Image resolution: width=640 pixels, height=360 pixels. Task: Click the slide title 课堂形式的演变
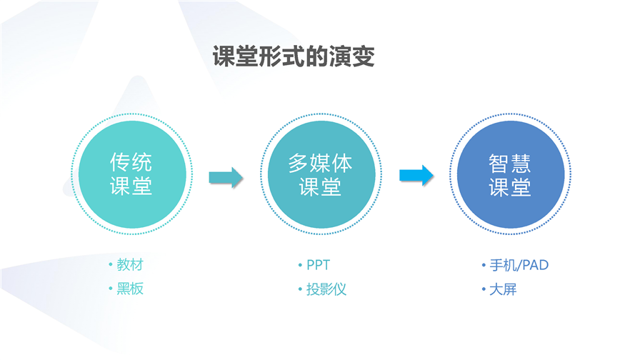[x=294, y=56]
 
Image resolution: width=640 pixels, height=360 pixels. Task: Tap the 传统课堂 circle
[x=132, y=174]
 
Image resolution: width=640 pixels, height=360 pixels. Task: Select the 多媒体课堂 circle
[x=321, y=174]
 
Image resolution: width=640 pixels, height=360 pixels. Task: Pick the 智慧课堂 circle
[x=510, y=174]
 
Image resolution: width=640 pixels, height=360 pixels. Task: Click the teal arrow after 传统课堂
[x=226, y=178]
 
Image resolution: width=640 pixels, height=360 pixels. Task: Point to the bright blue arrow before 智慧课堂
[x=416, y=176]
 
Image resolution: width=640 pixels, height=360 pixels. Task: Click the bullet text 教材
[x=130, y=264]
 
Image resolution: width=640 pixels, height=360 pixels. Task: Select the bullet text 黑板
[x=130, y=289]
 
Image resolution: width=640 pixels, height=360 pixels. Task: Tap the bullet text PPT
[x=319, y=265]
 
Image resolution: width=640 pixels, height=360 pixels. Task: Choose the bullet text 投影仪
[x=326, y=289]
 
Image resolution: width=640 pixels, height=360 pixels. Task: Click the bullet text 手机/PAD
[x=519, y=265]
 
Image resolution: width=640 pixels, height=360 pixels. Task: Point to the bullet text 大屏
[x=504, y=289]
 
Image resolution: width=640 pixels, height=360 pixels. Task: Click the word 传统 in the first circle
[x=131, y=162]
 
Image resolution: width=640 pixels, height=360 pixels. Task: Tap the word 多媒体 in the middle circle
[x=321, y=163]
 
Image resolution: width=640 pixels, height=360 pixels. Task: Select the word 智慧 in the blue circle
[x=510, y=164]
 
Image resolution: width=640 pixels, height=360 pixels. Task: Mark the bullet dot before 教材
[x=111, y=264]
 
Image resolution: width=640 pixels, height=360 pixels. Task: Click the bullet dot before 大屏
[x=484, y=289]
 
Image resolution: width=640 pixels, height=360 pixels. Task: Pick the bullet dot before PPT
[x=301, y=265]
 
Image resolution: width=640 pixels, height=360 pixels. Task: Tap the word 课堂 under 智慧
[x=510, y=187]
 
